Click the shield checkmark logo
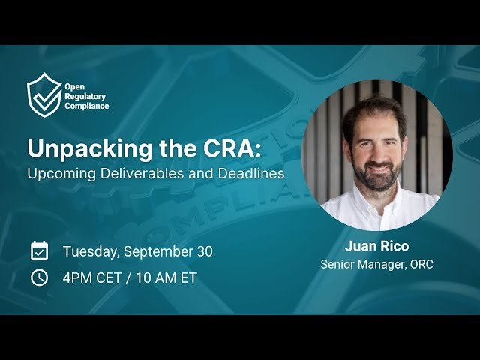click(x=44, y=95)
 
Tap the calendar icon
click(x=39, y=251)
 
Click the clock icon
click(x=39, y=277)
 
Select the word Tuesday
click(x=91, y=252)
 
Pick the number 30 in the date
click(x=204, y=252)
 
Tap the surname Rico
click(x=395, y=246)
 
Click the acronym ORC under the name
click(x=421, y=264)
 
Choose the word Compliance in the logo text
click(x=87, y=106)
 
